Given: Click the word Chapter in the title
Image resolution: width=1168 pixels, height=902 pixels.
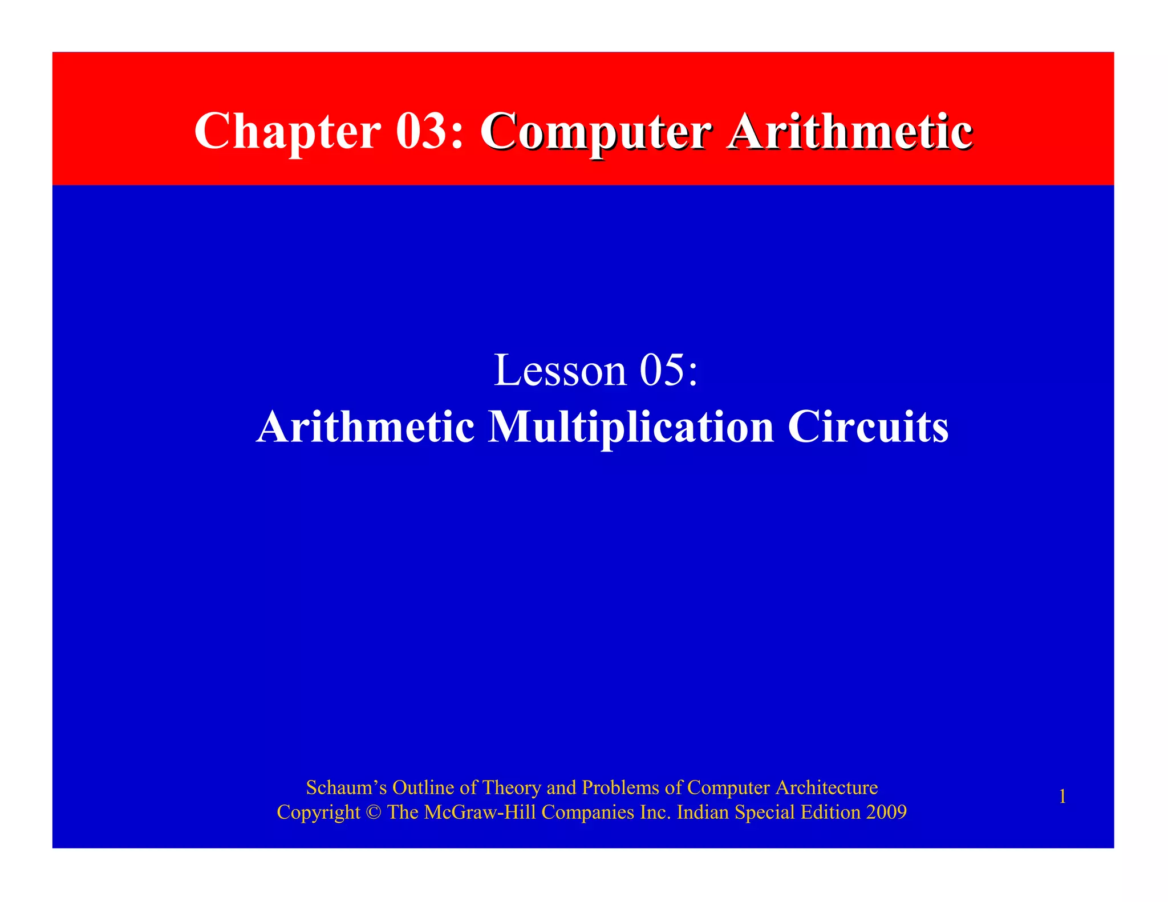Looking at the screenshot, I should [x=287, y=131].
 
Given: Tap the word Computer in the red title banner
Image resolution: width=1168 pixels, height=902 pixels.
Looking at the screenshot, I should [x=596, y=131].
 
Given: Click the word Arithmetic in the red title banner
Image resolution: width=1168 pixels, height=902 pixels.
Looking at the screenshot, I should [x=850, y=131].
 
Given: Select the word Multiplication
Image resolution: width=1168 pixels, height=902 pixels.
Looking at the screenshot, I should [x=631, y=427].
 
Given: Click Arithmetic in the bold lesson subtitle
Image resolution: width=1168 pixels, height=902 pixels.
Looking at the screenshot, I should [x=366, y=427].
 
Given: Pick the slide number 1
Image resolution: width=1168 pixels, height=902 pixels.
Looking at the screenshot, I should [x=1062, y=797].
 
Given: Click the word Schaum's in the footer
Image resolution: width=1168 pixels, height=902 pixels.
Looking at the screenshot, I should [x=346, y=787].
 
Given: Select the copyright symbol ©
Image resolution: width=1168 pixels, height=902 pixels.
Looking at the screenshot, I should [x=374, y=812].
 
